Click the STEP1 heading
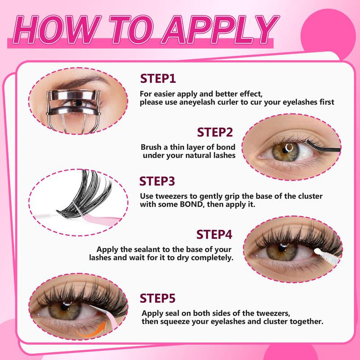(x=157, y=78)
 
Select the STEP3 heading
(x=157, y=181)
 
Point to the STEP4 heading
(x=214, y=234)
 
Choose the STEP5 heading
(x=157, y=298)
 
